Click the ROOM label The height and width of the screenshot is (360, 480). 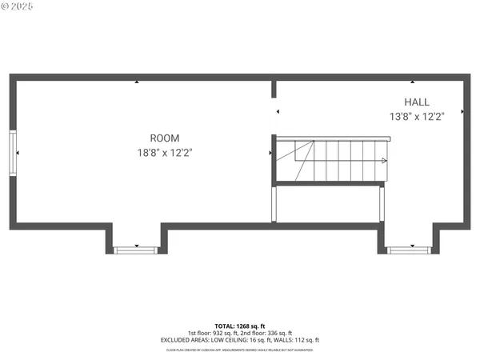[x=165, y=138]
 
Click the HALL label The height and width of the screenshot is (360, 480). [x=416, y=102]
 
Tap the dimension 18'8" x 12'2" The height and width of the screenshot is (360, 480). [x=165, y=152]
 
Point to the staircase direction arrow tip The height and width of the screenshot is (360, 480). [x=386, y=161]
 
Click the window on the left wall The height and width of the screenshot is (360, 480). [x=12, y=152]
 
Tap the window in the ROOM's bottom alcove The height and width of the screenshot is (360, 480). [x=136, y=250]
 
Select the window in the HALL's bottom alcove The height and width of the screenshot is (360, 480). [x=408, y=250]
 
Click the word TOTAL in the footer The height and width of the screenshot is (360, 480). [x=223, y=326]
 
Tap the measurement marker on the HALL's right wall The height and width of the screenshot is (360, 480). [x=463, y=111]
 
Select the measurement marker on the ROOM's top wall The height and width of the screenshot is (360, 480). [x=137, y=82]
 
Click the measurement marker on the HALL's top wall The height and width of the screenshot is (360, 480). [x=412, y=82]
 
